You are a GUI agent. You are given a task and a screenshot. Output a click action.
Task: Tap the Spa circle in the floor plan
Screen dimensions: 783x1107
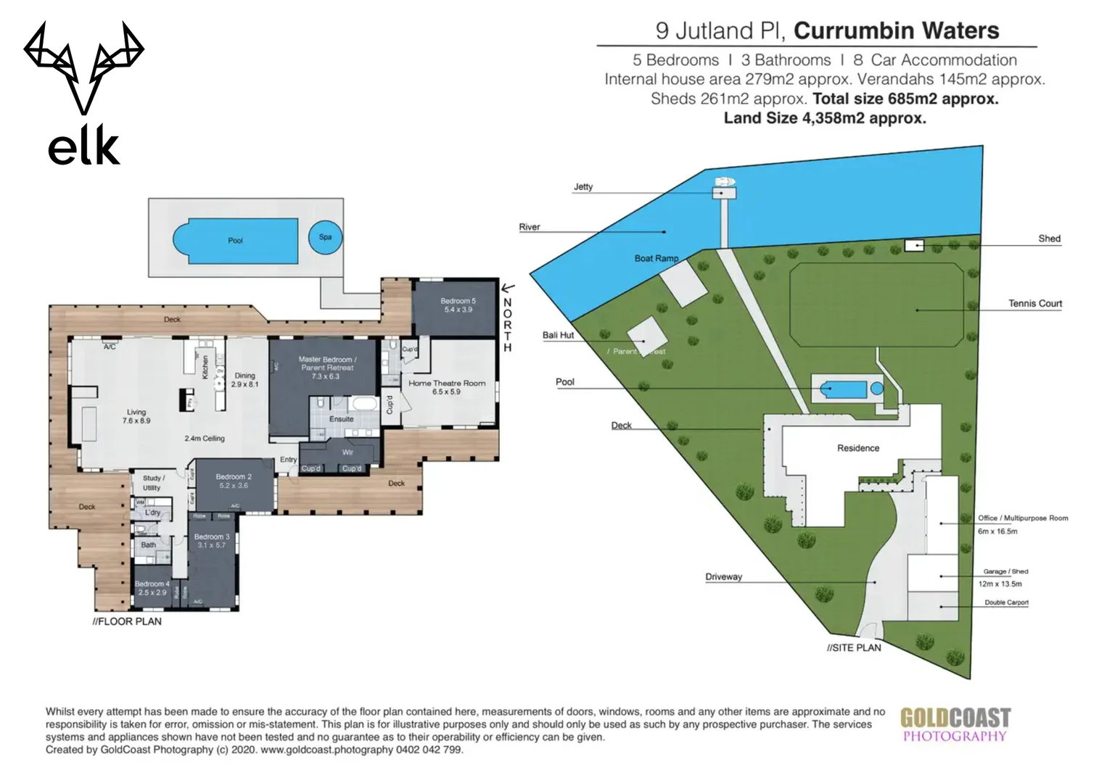point(325,237)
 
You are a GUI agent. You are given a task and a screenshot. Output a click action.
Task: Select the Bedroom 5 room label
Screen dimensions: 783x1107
point(458,305)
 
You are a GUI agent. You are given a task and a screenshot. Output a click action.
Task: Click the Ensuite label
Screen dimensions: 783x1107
point(341,419)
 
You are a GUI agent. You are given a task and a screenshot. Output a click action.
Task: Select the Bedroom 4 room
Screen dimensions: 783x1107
point(152,588)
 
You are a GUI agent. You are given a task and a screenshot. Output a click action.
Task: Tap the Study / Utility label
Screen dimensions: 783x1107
point(152,483)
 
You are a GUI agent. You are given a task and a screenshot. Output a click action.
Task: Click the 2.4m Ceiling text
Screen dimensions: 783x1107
point(204,439)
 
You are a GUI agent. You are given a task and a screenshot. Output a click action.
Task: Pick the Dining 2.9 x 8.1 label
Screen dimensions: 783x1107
point(244,380)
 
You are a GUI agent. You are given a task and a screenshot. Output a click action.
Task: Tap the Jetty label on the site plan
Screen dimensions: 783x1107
point(583,187)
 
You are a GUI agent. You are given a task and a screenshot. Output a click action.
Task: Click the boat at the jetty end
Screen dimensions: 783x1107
point(723,181)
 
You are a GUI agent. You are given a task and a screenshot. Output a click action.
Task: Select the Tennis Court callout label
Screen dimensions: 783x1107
point(1034,304)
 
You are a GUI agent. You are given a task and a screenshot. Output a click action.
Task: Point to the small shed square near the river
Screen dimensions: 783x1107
point(914,246)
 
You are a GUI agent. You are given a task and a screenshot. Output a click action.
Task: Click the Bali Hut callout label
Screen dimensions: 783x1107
point(558,336)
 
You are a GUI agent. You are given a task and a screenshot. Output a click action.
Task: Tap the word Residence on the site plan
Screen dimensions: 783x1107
point(857,448)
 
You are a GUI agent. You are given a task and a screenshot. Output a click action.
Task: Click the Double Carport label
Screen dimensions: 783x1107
point(1006,602)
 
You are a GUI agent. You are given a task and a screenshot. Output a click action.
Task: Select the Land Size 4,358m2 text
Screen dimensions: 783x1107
point(825,118)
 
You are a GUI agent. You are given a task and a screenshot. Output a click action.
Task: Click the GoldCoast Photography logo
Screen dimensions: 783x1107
point(955,725)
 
